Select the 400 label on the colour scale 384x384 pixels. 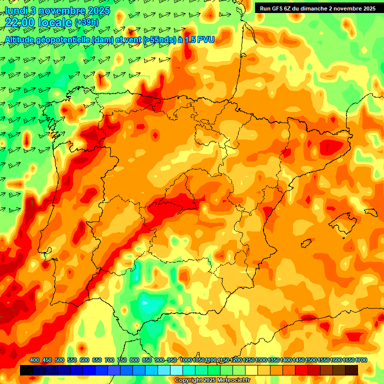click(x=34, y=360)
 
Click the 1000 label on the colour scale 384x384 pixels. click(x=185, y=360)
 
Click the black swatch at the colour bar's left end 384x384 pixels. click(x=26, y=370)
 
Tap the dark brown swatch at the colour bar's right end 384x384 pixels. click(x=351, y=370)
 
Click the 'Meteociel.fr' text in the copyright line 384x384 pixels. click(x=221, y=380)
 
